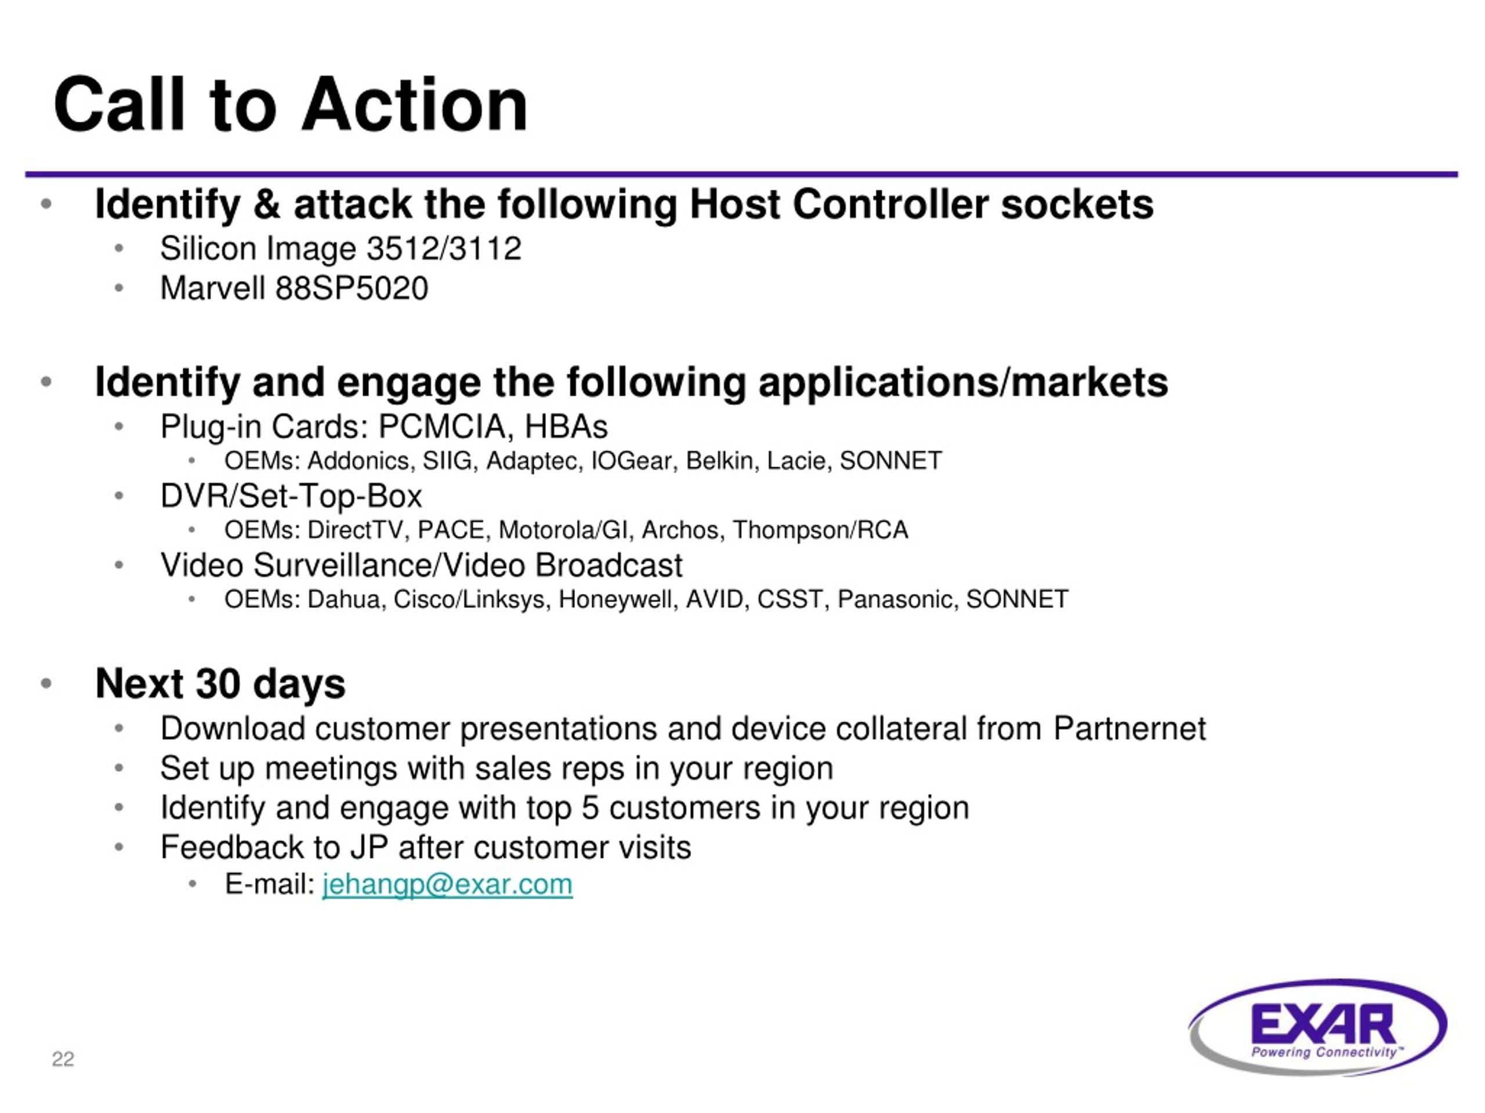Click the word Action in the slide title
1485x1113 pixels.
[x=415, y=105]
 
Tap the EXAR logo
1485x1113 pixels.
[x=1318, y=1027]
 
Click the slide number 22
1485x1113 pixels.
[x=63, y=1059]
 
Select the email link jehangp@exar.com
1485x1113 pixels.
[x=447, y=884]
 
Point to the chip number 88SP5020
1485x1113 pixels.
[x=352, y=289]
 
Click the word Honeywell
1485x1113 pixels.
[x=618, y=599]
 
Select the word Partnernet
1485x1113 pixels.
[x=1129, y=729]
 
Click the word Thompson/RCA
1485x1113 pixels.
[x=820, y=530]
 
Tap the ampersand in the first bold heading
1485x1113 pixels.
[x=267, y=204]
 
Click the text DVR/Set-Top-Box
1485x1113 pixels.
[x=291, y=496]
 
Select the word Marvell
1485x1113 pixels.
[x=213, y=289]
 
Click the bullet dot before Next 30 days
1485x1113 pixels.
[x=46, y=683]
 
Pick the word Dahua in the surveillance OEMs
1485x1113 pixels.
[x=343, y=599]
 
